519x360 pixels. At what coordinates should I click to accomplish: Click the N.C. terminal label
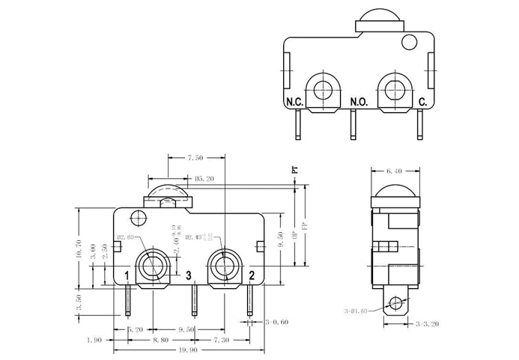[293, 101]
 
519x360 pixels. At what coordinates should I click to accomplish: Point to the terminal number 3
[189, 275]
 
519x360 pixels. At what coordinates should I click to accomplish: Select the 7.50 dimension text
[195, 158]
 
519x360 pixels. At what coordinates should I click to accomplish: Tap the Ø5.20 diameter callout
[204, 179]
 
